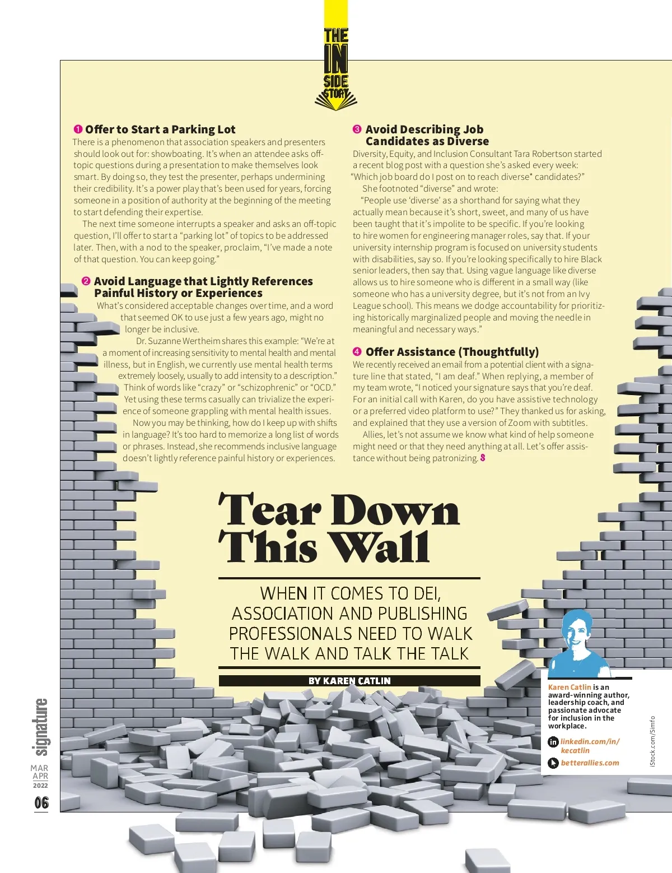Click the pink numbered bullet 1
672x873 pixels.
pos(78,129)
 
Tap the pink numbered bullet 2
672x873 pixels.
pos(86,281)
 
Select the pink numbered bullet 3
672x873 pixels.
pos(357,129)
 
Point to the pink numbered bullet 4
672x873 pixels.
pos(357,352)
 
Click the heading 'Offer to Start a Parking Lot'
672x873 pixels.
pos(160,129)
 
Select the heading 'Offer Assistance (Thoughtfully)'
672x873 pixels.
pos(452,352)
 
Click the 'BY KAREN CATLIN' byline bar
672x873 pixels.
pos(349,681)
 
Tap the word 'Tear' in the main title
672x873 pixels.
pos(269,511)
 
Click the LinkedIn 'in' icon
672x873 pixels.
pos(553,742)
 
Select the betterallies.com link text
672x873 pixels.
pos(590,763)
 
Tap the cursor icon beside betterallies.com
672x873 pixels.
pos(553,763)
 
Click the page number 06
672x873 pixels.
pos(41,803)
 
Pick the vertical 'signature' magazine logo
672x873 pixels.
pos(41,727)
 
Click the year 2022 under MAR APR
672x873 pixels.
pos(40,786)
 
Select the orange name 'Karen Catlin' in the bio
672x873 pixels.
pos(570,687)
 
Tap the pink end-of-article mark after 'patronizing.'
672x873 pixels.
pos(483,458)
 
